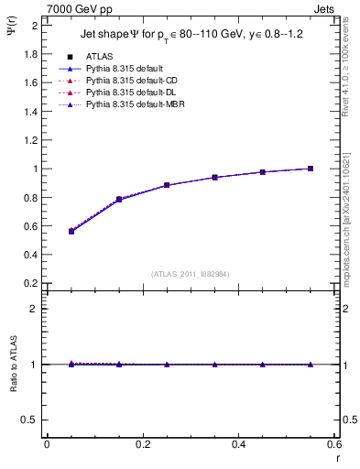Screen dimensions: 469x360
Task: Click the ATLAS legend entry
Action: pyautogui.click(x=100, y=57)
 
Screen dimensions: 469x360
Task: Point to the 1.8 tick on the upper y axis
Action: pyautogui.click(x=32, y=53)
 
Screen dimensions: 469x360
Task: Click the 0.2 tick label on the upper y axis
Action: pyautogui.click(x=32, y=283)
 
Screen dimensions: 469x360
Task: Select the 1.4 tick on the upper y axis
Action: pyautogui.click(x=32, y=111)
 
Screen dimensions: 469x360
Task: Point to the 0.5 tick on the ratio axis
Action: pyautogui.click(x=33, y=420)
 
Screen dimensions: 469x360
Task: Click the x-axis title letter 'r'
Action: pyautogui.click(x=338, y=458)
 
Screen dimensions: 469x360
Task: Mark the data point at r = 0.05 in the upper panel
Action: pyautogui.click(x=71, y=231)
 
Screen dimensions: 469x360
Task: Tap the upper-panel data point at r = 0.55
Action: pyautogui.click(x=311, y=169)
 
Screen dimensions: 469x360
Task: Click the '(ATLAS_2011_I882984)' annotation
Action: pyautogui.click(x=191, y=274)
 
